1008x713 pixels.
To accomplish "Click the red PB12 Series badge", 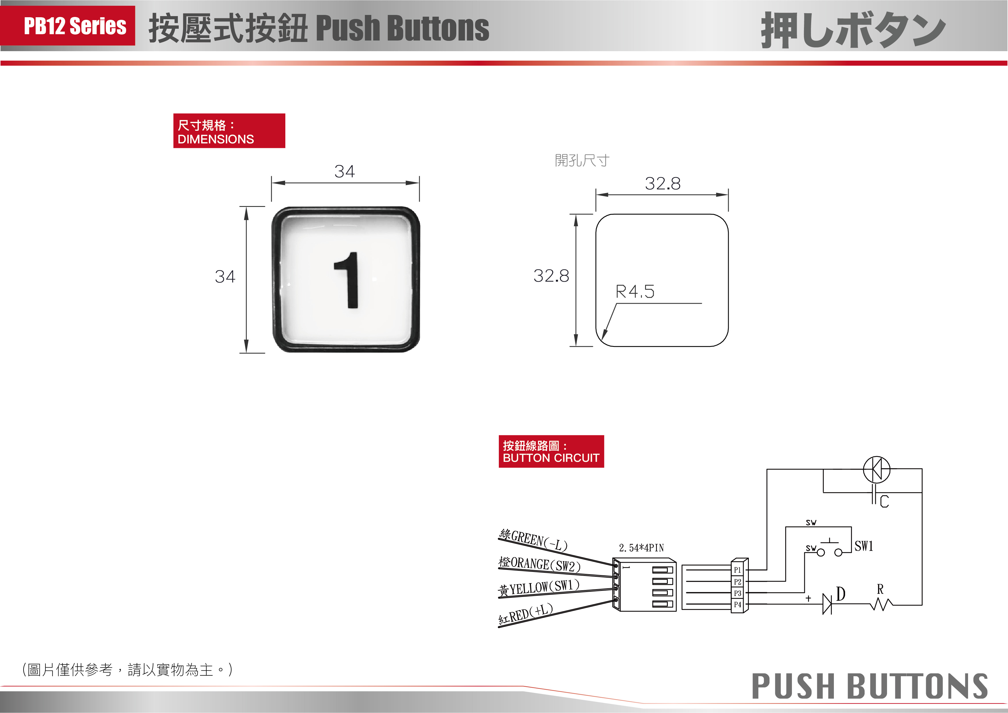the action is pyautogui.click(x=68, y=26).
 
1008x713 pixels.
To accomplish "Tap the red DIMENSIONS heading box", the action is pyautogui.click(x=229, y=131).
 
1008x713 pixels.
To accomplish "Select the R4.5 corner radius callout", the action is pyautogui.click(x=635, y=291).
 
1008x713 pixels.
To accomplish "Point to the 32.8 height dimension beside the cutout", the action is pyautogui.click(x=551, y=276).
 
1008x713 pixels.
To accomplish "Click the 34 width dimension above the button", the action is pyautogui.click(x=345, y=171).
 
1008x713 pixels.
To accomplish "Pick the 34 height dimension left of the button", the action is pyautogui.click(x=225, y=276).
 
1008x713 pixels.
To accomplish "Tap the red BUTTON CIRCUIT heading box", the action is pyautogui.click(x=551, y=451).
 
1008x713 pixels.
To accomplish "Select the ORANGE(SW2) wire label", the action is pyautogui.click(x=540, y=564).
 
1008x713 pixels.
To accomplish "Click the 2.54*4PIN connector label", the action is pyautogui.click(x=641, y=548).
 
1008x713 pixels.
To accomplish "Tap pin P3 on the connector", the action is pyautogui.click(x=738, y=593).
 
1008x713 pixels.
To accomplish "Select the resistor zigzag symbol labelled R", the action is pyautogui.click(x=881, y=605).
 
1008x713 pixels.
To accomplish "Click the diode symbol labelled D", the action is pyautogui.click(x=827, y=604).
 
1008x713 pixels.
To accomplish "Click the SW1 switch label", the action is pyautogui.click(x=863, y=546).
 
